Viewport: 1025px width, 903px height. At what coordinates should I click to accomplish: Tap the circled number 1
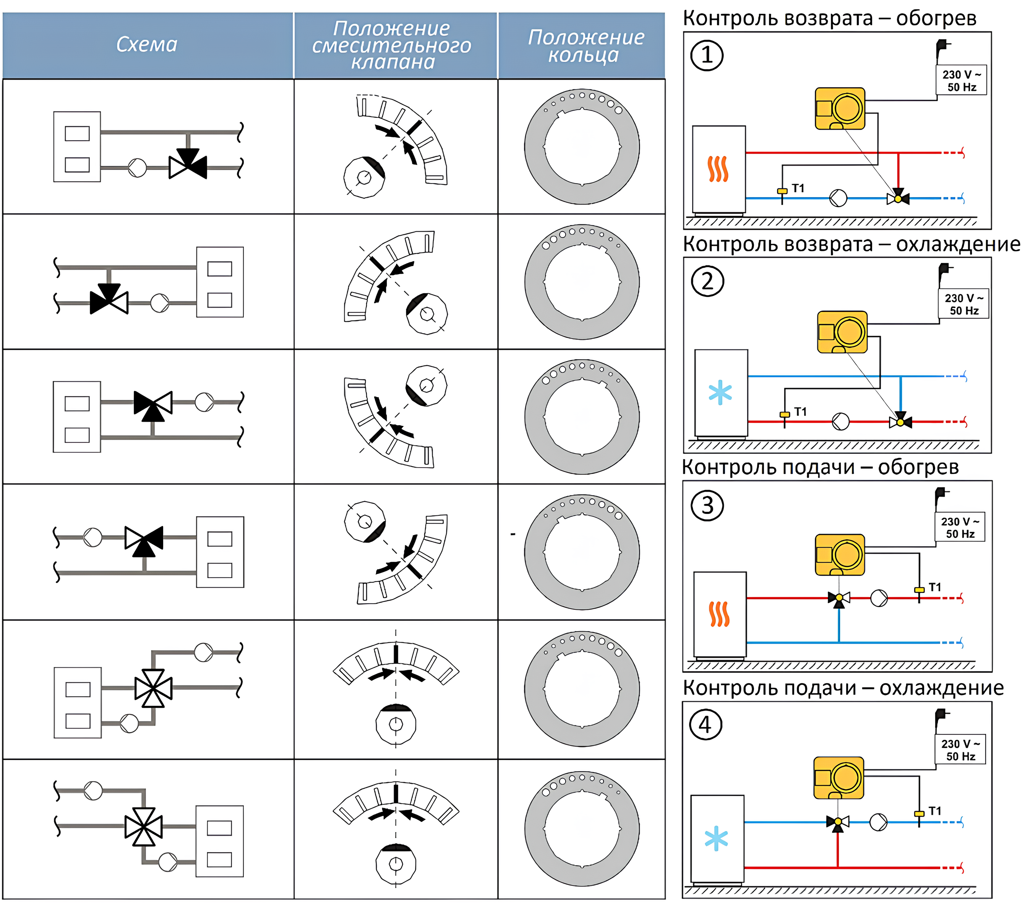click(x=707, y=55)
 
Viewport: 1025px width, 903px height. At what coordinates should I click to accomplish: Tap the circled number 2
click(x=707, y=281)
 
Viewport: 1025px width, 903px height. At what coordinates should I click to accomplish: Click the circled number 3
click(x=707, y=505)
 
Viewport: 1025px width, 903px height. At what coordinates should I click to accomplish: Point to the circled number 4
click(x=705, y=725)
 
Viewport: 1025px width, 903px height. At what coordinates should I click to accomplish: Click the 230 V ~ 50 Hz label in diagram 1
click(x=961, y=80)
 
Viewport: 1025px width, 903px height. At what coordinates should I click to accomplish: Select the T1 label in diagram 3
click(x=935, y=587)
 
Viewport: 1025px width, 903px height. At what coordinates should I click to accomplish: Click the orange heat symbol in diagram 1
click(x=718, y=169)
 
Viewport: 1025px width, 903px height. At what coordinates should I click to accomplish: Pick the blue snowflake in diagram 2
click(x=720, y=393)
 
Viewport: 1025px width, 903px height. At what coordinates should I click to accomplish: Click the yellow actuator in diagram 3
click(x=840, y=555)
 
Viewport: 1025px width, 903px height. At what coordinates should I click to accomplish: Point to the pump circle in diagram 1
click(x=838, y=198)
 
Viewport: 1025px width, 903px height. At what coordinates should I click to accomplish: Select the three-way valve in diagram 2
click(x=901, y=421)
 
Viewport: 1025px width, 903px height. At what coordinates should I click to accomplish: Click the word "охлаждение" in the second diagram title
click(x=958, y=245)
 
